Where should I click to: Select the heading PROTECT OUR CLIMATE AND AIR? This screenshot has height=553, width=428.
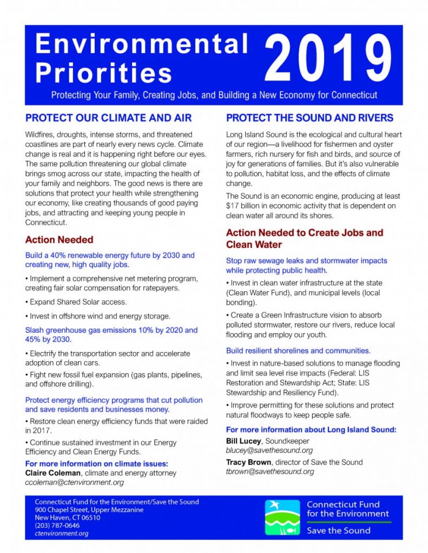(x=108, y=118)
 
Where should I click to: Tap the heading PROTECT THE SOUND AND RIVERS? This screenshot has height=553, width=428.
(x=310, y=118)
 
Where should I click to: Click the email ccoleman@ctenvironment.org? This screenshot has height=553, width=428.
(x=75, y=482)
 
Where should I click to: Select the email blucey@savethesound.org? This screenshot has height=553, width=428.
(x=269, y=450)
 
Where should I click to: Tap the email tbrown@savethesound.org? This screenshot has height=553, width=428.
(x=270, y=471)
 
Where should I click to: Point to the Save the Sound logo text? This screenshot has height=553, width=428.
(x=339, y=530)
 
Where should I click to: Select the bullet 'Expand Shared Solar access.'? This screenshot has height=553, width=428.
(x=76, y=302)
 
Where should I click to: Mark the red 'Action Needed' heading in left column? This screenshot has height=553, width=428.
(x=59, y=240)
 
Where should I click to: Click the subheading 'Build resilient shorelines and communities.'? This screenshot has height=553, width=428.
(x=298, y=350)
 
